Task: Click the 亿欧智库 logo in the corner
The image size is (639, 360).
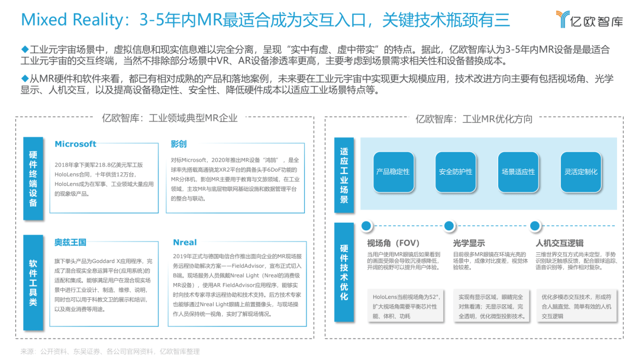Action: coord(589,19)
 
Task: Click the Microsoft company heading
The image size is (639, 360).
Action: coord(75,144)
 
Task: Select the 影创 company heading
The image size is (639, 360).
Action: coord(179,144)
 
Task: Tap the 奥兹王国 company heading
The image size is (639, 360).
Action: coord(70,242)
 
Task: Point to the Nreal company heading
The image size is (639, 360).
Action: coord(185,242)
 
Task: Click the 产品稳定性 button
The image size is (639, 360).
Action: coord(393,172)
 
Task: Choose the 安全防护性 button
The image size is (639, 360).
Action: coord(456,172)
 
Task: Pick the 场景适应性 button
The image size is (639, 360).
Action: coord(518,172)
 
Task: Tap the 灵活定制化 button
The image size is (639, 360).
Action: coord(581,172)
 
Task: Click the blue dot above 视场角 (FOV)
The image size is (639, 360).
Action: coord(366,226)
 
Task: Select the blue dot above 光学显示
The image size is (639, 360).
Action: coord(449,226)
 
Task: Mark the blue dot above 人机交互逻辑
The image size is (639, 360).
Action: coord(535,226)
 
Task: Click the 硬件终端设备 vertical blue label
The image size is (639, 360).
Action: coord(33,179)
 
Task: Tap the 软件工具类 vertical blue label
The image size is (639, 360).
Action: coord(33,282)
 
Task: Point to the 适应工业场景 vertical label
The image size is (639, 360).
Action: coord(344,175)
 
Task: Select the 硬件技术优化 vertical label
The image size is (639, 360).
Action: coord(344,272)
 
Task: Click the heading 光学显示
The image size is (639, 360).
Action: coord(469,243)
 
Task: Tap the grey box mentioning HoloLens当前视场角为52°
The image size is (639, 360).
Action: coord(405,306)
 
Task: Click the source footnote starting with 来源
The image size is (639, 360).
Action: coord(110,352)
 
